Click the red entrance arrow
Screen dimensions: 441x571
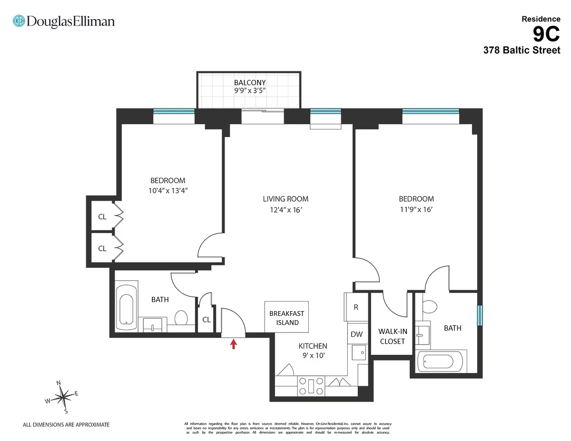coord(233,344)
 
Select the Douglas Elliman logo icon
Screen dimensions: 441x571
coord(19,21)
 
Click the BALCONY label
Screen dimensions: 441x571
coord(250,83)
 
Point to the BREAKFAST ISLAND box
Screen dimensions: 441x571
coord(286,317)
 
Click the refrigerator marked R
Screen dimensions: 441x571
coord(355,307)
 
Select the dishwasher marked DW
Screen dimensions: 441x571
coord(356,334)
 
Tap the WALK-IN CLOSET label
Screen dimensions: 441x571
coord(391,336)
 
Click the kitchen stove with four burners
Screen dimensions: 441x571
coord(310,385)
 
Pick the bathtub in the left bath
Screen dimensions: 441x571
coord(127,312)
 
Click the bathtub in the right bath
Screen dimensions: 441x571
coord(440,362)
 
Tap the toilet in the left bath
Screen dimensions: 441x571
coord(181,317)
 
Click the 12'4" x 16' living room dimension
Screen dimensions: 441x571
coord(285,210)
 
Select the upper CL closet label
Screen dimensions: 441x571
coord(102,217)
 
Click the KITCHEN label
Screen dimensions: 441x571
coord(313,346)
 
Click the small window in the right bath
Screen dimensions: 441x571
coord(480,314)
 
